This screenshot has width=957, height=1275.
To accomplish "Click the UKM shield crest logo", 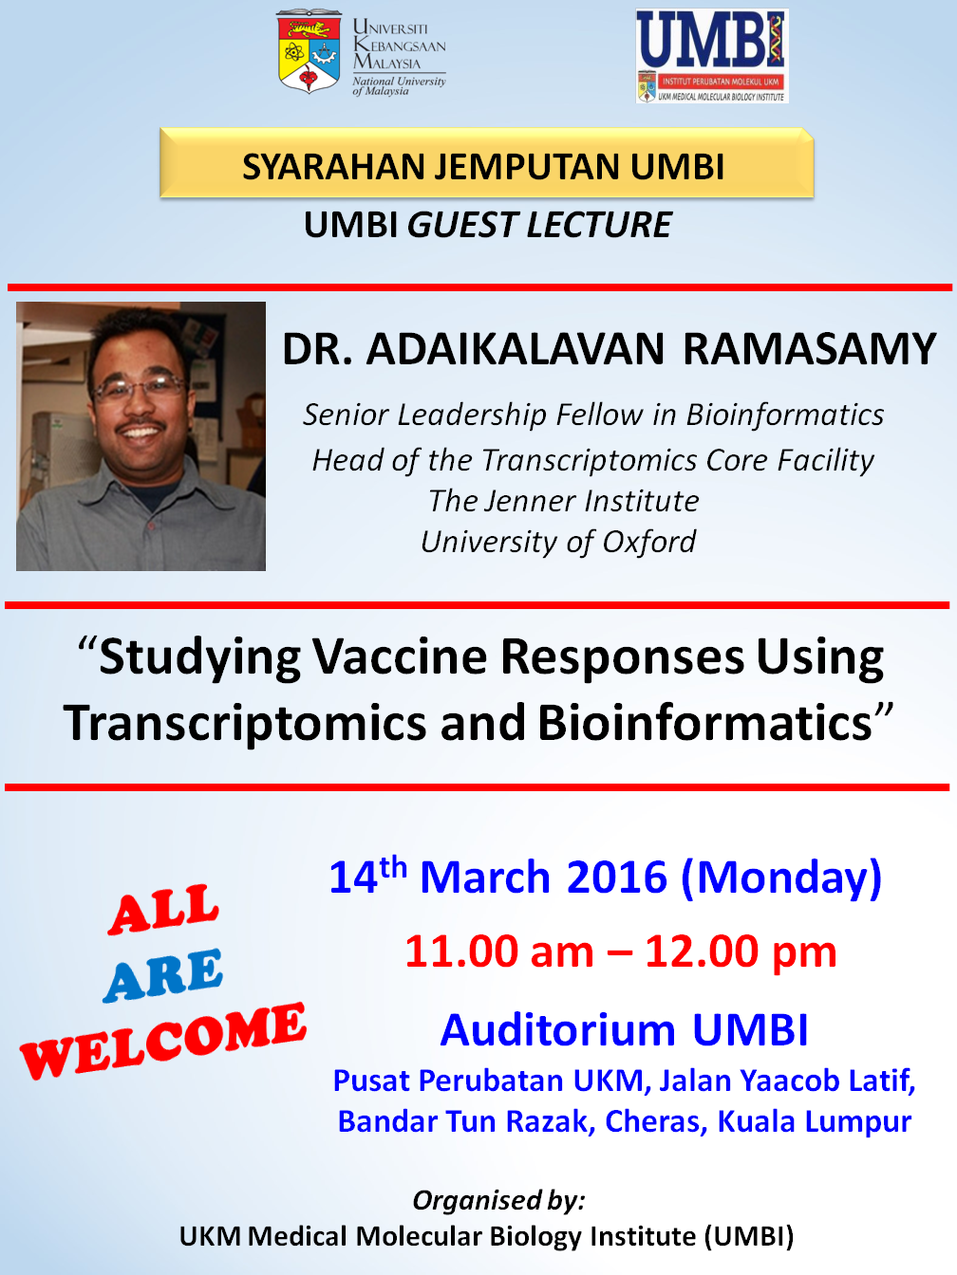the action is pyautogui.click(x=309, y=51).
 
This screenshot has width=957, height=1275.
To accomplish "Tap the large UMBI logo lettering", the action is pyautogui.click(x=710, y=40).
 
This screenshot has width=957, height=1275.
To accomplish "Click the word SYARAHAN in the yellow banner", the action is pyautogui.click(x=333, y=167).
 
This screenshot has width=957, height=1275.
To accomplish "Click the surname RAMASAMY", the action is pyautogui.click(x=809, y=349).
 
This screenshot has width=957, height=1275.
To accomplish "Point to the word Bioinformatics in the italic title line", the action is pyautogui.click(x=784, y=415).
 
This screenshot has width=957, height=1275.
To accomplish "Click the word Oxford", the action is pyautogui.click(x=648, y=542).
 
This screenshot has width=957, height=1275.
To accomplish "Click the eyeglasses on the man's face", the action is pyautogui.click(x=139, y=387).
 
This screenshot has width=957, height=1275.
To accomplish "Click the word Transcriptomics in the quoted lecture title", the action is pyautogui.click(x=245, y=724).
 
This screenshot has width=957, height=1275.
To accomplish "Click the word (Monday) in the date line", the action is pyautogui.click(x=781, y=878).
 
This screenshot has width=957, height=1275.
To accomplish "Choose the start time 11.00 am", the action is pyautogui.click(x=499, y=952).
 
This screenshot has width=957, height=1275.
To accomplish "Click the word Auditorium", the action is pyautogui.click(x=558, y=1030).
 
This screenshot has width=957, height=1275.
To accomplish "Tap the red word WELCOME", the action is pyautogui.click(x=162, y=1041).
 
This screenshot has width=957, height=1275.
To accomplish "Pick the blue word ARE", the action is pyautogui.click(x=162, y=976).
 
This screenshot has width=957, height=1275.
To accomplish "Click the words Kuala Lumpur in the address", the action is pyautogui.click(x=814, y=1121).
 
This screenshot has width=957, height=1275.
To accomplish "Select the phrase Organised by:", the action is pyautogui.click(x=498, y=1200).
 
